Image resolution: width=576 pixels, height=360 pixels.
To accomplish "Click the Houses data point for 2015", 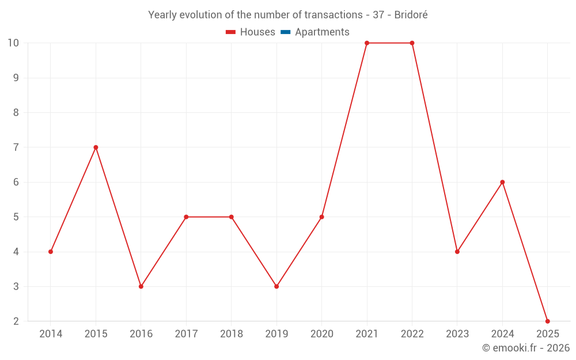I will coord(96,147).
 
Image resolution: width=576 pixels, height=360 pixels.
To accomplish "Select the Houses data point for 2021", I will coord(367,43).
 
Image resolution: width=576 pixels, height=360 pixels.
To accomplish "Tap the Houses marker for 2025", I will coord(547,321).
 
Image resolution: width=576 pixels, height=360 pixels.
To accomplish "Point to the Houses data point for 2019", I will coord(276,286).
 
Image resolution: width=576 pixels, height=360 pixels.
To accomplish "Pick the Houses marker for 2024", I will coord(502,182).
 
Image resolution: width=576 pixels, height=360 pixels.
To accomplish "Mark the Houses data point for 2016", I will coord(141,286).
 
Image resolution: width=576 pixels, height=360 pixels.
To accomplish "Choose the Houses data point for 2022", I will coord(412,43).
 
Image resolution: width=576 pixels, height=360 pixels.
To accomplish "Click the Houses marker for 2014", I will coord(51,252).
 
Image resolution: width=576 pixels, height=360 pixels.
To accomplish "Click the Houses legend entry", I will coord(257,32).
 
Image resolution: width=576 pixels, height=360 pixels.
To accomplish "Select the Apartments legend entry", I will coord(321,32).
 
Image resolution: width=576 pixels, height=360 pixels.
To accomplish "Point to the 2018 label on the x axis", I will coord(231,334).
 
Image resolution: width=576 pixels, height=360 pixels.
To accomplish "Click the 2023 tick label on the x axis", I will coord(457,334).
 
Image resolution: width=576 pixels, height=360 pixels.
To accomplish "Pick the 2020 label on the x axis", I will coord(321,334).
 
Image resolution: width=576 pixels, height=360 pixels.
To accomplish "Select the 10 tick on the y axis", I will coord(13,43).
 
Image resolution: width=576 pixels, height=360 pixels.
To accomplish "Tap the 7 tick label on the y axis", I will coord(16,147).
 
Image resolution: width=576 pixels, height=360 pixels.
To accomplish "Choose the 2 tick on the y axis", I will coord(16,321).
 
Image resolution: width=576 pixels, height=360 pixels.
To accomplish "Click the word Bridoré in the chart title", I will coord(411,15).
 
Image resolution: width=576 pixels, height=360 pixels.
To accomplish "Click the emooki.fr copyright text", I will coord(526,348).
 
